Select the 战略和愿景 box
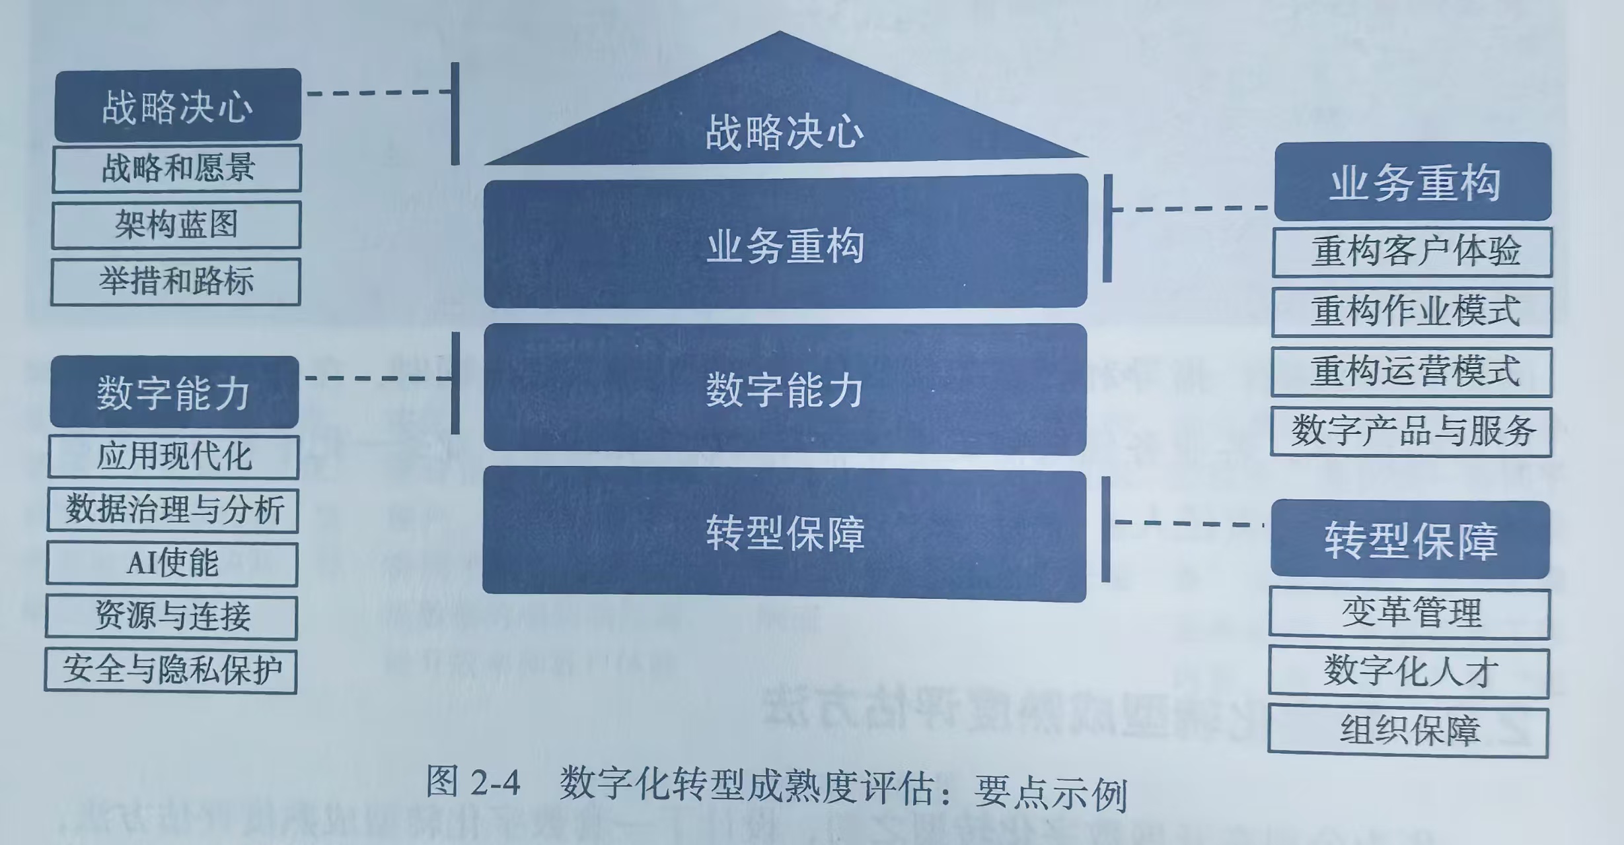point(177,168)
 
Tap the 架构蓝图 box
point(176,225)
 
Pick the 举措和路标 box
point(176,282)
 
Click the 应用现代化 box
point(174,456)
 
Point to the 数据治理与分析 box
point(173,510)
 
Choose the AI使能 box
point(172,564)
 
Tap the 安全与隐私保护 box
point(171,671)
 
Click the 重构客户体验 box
point(1412,252)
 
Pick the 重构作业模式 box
point(1412,312)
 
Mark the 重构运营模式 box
point(1411,372)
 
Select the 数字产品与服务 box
point(1411,432)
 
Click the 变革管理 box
point(1409,613)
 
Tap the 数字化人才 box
point(1409,673)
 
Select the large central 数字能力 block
point(785,389)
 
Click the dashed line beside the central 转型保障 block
point(1189,524)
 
